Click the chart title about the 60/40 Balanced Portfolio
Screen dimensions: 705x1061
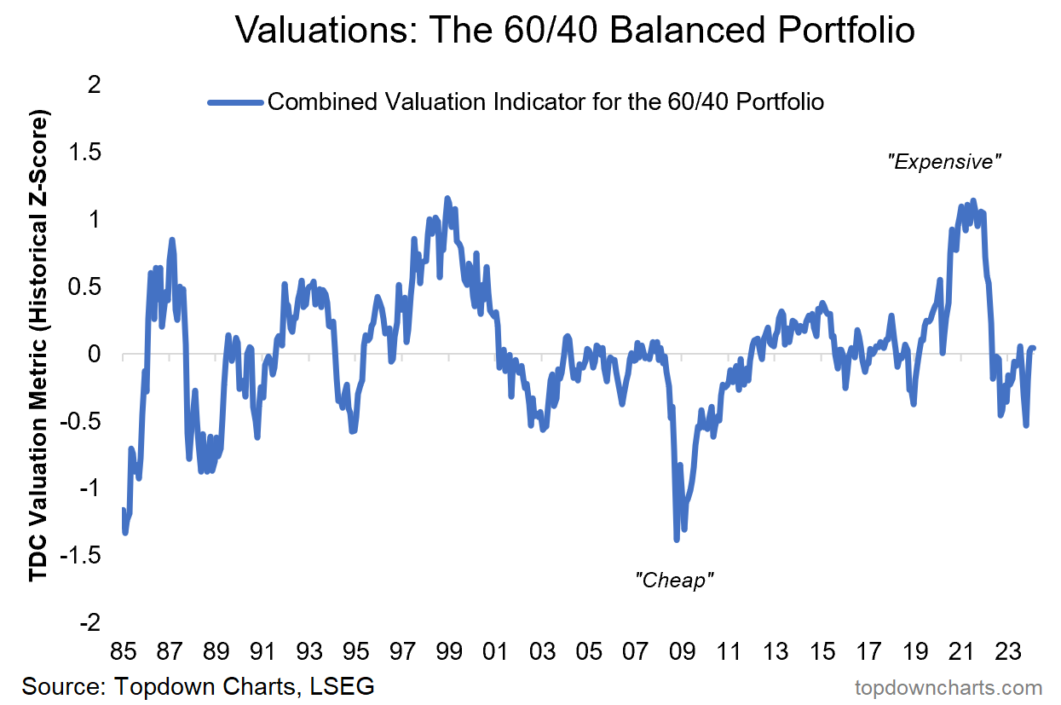(x=574, y=32)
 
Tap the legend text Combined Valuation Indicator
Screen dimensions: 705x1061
(x=545, y=102)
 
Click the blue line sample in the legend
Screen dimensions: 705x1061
(x=234, y=102)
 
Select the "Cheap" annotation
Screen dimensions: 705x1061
(x=674, y=581)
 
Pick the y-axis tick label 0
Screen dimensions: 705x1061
(x=94, y=355)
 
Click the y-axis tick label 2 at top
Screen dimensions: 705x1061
(x=94, y=85)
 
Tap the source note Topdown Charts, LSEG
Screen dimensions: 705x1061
(x=198, y=686)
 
